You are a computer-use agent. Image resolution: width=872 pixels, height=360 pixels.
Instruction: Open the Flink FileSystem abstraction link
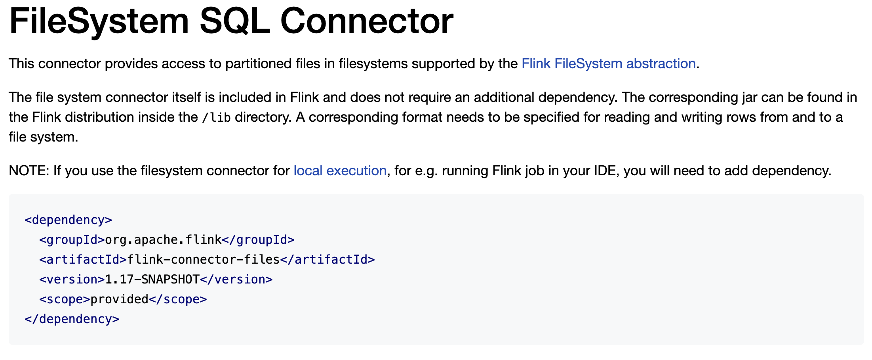pos(608,64)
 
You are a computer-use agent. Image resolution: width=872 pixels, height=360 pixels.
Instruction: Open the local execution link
pos(340,171)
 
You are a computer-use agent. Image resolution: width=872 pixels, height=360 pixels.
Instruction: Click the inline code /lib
pos(216,118)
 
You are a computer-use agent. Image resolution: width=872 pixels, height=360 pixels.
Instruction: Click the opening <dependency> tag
pos(68,220)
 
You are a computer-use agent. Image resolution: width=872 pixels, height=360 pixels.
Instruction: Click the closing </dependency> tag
pos(72,319)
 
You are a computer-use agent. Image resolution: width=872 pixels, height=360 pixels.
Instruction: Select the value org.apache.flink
pos(163,240)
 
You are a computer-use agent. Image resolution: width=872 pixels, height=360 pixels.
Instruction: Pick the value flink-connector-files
pos(204,260)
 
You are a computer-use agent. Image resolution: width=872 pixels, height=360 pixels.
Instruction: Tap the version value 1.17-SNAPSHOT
pos(152,280)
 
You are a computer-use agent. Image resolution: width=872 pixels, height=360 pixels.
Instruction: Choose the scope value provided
pos(119,299)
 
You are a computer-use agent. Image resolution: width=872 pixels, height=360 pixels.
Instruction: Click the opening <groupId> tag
pos(72,240)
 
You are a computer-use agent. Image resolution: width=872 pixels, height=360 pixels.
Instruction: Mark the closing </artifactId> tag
pos(327,260)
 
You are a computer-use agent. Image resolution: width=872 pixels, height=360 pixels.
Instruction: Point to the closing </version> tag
pos(236,280)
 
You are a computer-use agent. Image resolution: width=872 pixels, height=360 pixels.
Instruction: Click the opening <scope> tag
pos(65,299)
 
